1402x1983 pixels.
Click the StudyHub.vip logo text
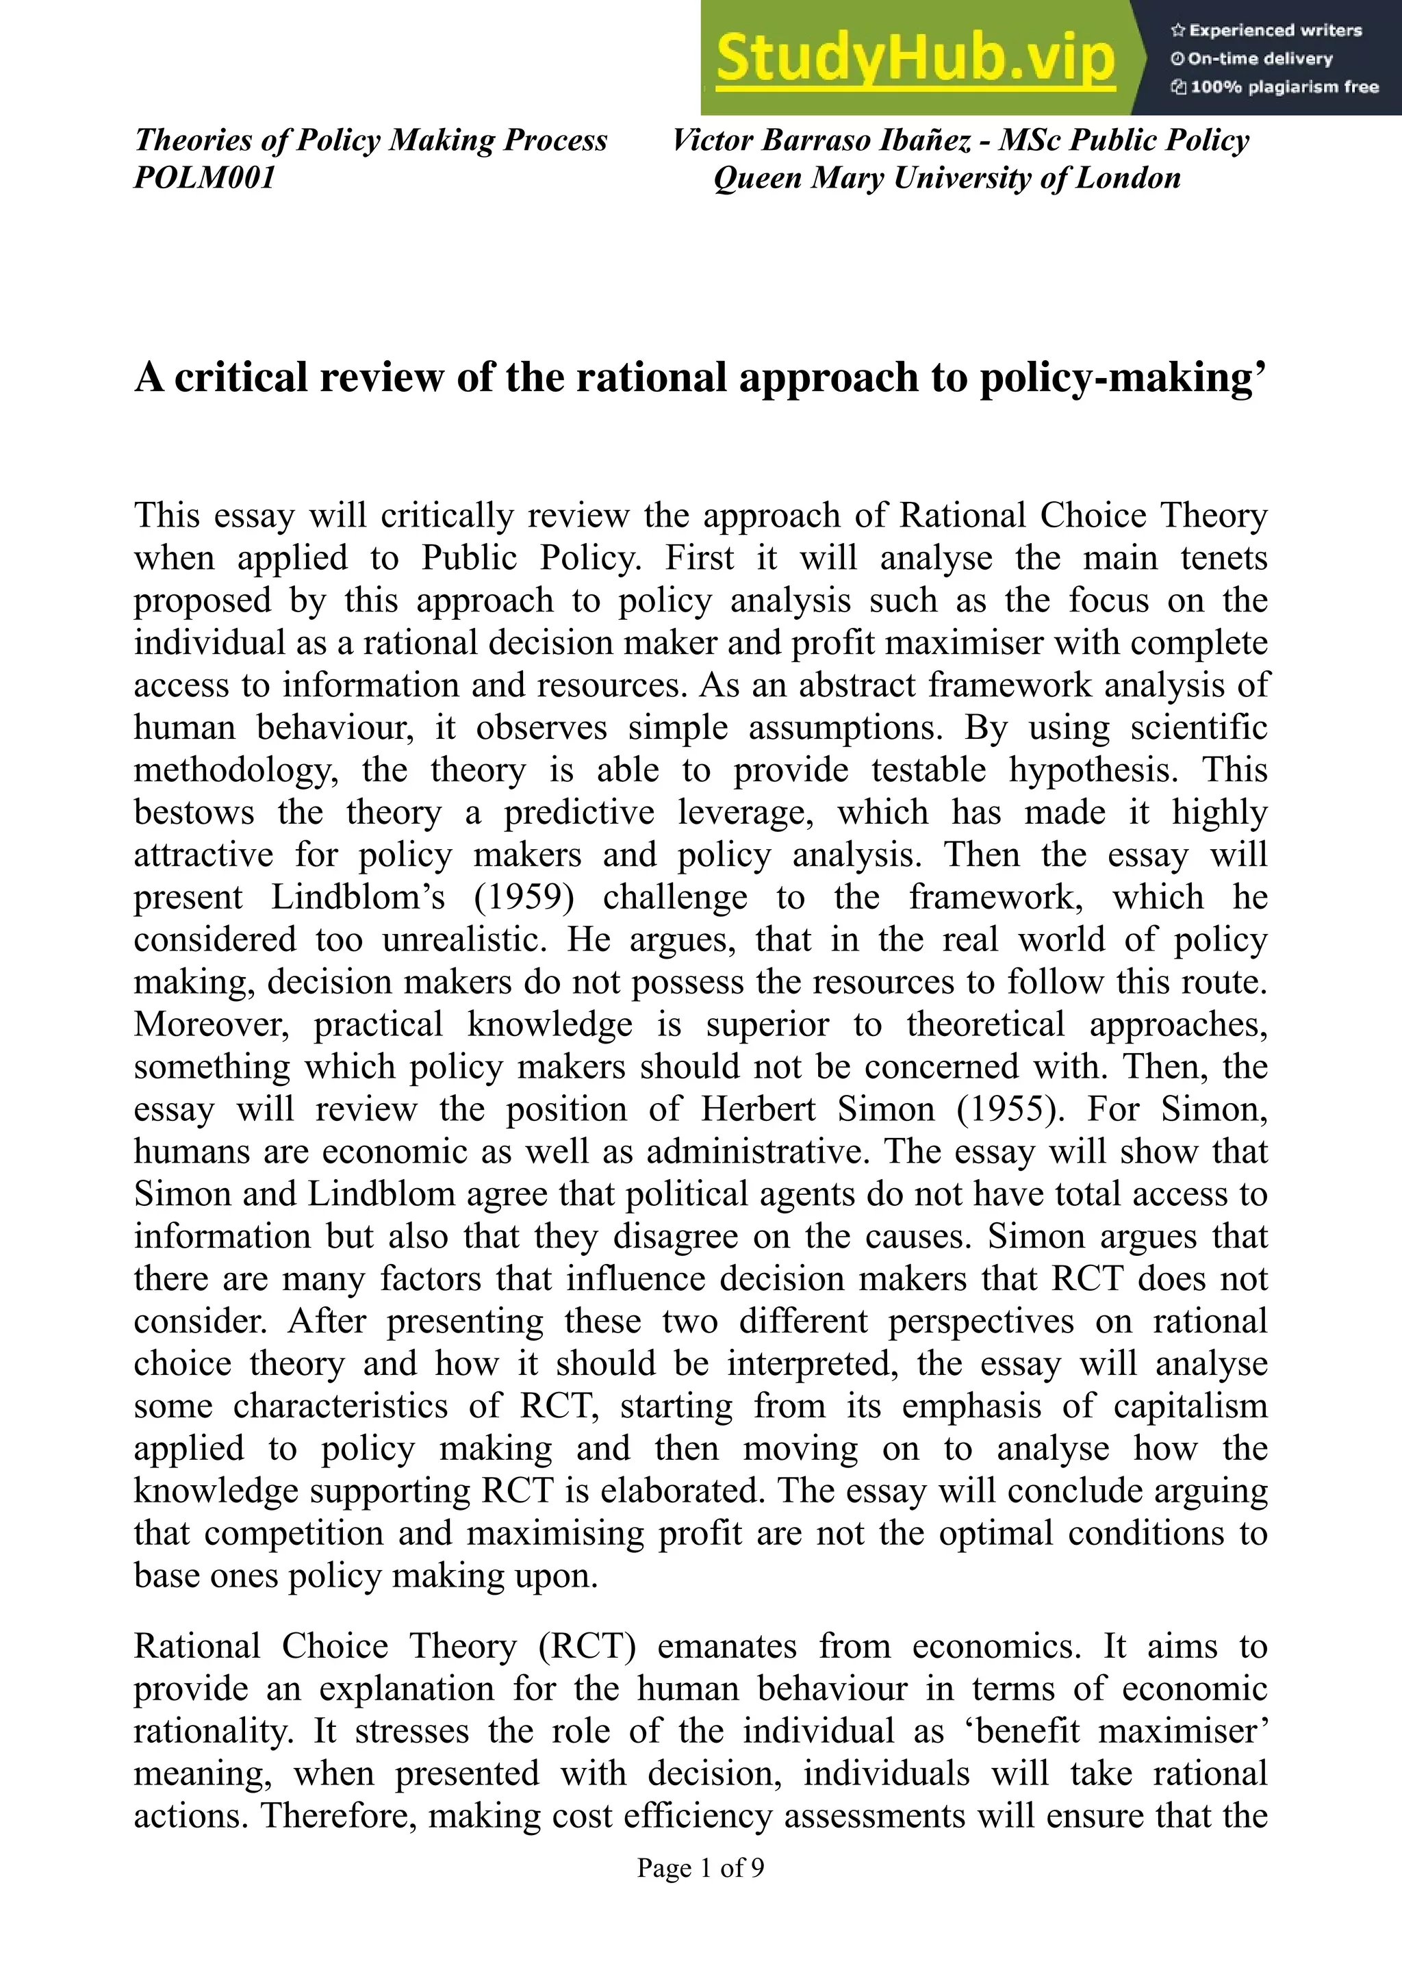tap(915, 59)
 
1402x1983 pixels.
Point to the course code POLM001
tap(205, 178)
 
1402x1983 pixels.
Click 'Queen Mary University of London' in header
tap(947, 178)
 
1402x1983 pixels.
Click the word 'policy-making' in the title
tap(1114, 377)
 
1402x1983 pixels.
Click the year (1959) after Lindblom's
tap(524, 898)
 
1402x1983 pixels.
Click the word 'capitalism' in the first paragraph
tap(1190, 1406)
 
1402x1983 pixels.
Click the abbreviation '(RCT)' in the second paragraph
tap(587, 1646)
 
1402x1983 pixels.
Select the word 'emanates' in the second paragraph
tap(727, 1646)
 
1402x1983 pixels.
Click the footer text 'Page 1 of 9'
tap(700, 1868)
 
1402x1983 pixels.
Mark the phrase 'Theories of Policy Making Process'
tap(370, 140)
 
